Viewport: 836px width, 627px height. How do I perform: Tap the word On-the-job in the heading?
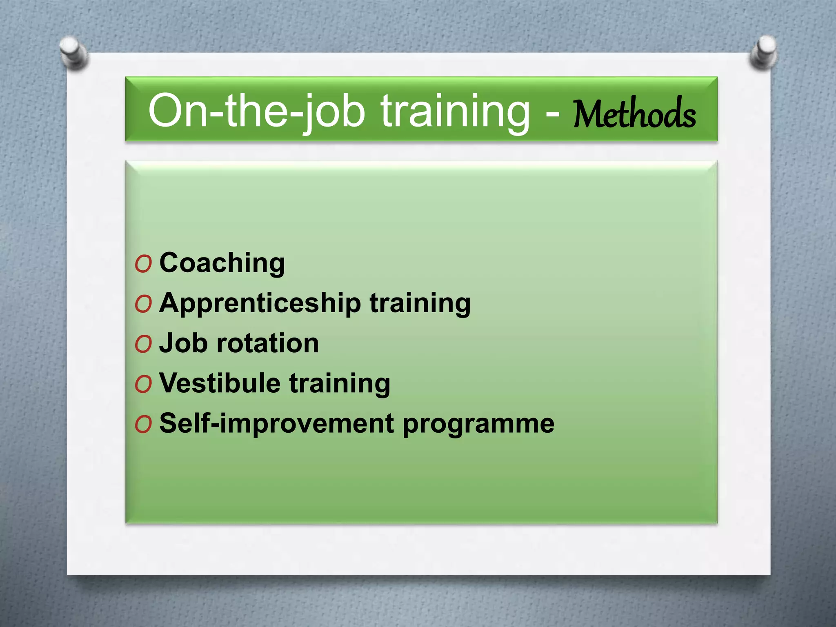pyautogui.click(x=256, y=110)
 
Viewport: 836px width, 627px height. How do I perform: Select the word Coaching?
pyautogui.click(x=222, y=263)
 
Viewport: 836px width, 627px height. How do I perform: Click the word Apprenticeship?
pyautogui.click(x=260, y=304)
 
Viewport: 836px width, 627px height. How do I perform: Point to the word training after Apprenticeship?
pyautogui.click(x=420, y=304)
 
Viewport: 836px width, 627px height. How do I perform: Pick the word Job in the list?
pyautogui.click(x=183, y=343)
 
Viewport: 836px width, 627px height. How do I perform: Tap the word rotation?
pyautogui.click(x=267, y=343)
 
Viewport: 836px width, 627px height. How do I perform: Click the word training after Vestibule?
pyautogui.click(x=340, y=384)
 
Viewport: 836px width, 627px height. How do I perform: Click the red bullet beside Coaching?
pyautogui.click(x=143, y=264)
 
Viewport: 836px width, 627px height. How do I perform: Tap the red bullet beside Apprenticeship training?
pyautogui.click(x=143, y=304)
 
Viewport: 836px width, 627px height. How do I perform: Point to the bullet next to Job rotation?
pyautogui.click(x=143, y=344)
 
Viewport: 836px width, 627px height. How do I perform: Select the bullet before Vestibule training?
pyautogui.click(x=143, y=384)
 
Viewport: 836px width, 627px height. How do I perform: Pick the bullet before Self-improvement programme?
pyautogui.click(x=143, y=425)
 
